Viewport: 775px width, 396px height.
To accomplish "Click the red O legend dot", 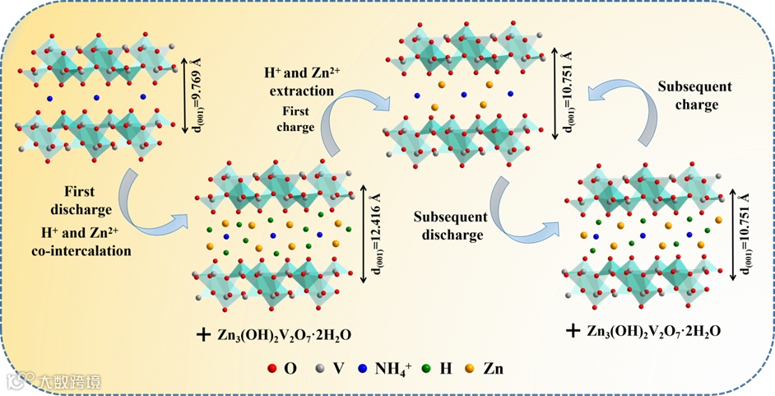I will [x=272, y=369].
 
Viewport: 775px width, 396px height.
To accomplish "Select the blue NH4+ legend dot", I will [x=361, y=369].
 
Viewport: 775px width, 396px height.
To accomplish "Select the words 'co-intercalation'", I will [x=86, y=250].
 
